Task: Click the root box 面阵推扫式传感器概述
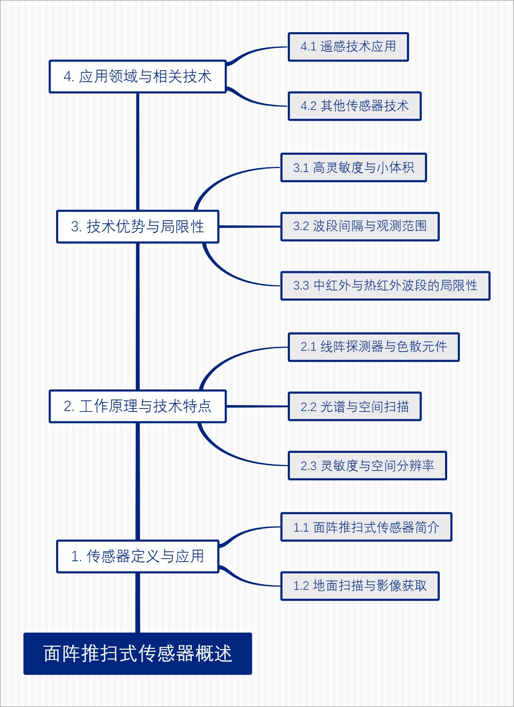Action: (x=137, y=653)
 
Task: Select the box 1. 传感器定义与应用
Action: (x=137, y=556)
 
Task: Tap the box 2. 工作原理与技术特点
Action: (x=137, y=406)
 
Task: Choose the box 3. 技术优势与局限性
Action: (x=137, y=226)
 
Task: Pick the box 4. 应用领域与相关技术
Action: (x=137, y=77)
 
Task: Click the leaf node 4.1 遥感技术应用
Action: (x=348, y=47)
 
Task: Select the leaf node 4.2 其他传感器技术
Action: (x=354, y=106)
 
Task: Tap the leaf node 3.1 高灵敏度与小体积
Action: (x=353, y=167)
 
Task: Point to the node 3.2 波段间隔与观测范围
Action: (x=360, y=226)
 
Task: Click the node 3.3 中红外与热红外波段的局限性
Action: (x=385, y=285)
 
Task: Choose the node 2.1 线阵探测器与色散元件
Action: (x=374, y=347)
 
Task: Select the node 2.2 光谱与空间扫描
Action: (x=354, y=406)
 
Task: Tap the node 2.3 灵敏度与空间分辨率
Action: (x=367, y=465)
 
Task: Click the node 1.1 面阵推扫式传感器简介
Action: (x=366, y=527)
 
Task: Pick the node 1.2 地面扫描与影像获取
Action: (x=360, y=586)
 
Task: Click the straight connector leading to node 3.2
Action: (x=250, y=226)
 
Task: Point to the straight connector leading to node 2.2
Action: (x=257, y=406)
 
